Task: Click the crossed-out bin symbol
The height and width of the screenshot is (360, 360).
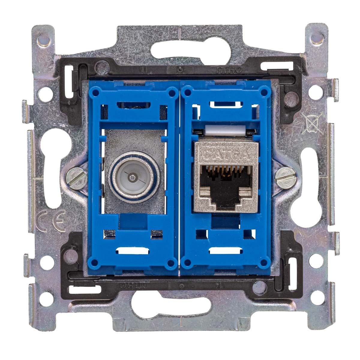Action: pos(312,123)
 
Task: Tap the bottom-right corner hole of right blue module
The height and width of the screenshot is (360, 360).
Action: pos(264,263)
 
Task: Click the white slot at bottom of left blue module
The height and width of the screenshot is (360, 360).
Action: pos(132,251)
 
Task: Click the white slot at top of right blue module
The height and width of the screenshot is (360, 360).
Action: pos(224,105)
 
